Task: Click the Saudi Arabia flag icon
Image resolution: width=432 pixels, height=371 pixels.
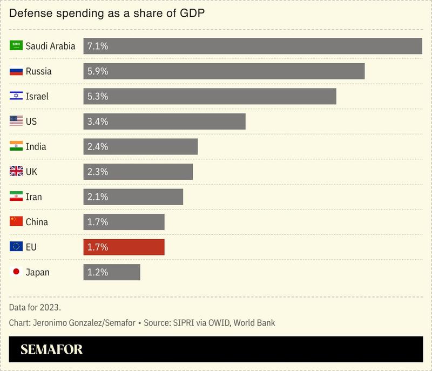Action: [16, 46]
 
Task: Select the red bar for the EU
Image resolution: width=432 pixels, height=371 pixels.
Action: [124, 247]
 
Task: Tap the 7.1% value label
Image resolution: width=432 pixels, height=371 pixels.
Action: [98, 46]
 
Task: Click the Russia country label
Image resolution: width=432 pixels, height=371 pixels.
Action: [39, 71]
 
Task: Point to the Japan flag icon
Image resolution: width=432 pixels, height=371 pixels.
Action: [16, 272]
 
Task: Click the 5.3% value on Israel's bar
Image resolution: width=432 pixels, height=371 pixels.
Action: [98, 96]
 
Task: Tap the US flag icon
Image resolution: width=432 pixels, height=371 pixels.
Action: [16, 122]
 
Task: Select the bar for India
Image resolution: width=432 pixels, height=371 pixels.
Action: [140, 146]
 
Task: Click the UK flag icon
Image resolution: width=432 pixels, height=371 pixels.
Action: [16, 172]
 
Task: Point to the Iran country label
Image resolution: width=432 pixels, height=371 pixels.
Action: [33, 197]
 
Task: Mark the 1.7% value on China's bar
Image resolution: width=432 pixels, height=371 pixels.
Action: [98, 222]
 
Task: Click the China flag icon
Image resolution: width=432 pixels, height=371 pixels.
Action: [16, 222]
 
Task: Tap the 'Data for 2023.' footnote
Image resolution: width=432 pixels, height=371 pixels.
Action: [35, 307]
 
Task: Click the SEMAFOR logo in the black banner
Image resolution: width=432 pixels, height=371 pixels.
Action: [52, 349]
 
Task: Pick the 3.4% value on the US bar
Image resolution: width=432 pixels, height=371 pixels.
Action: [98, 122]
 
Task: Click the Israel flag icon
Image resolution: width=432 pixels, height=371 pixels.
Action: [16, 96]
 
